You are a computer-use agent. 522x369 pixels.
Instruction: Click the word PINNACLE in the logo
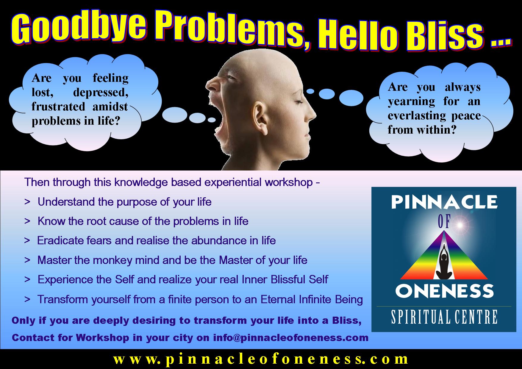pyautogui.click(x=444, y=202)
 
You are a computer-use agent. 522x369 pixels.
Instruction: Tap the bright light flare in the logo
pyautogui.click(x=461, y=225)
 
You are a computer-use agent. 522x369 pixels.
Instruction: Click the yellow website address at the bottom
pyautogui.click(x=261, y=359)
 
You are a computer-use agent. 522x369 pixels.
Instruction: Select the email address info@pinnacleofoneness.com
pyautogui.click(x=291, y=338)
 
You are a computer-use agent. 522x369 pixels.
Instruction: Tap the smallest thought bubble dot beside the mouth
pyautogui.click(x=212, y=120)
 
